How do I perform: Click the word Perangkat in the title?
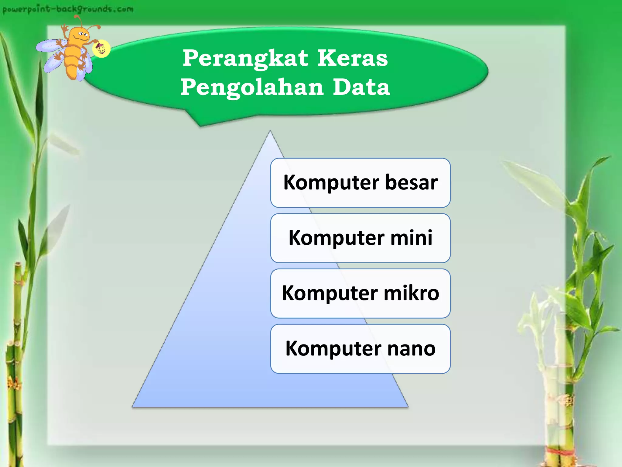[x=245, y=58]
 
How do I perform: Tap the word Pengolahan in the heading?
[x=252, y=87]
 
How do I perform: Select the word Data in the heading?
[x=361, y=87]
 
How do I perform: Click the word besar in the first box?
[x=411, y=182]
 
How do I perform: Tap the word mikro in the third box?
[x=411, y=293]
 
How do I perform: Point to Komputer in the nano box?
[x=333, y=348]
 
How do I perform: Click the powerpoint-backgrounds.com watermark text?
[x=67, y=9]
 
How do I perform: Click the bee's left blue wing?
[x=49, y=46]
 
